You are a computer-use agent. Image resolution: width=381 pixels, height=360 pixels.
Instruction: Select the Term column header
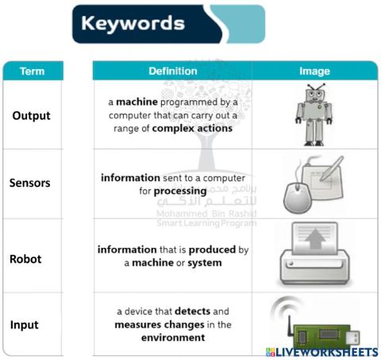click(32, 72)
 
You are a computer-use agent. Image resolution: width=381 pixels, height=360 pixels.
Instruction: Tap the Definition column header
click(172, 72)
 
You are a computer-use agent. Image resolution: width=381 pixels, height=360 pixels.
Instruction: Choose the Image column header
click(314, 72)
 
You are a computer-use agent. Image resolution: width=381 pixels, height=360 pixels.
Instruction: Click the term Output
click(31, 115)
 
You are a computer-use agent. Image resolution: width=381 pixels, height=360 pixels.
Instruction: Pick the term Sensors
click(29, 183)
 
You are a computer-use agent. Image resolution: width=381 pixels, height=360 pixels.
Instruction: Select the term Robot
click(25, 259)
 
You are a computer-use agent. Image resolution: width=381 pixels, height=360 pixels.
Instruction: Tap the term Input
click(24, 325)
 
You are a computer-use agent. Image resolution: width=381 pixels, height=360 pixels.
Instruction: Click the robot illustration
click(315, 114)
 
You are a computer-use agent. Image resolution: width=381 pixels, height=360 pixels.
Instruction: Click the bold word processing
click(180, 191)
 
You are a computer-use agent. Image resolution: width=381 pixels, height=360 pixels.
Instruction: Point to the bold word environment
click(173, 338)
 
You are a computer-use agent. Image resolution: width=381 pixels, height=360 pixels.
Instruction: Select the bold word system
click(205, 262)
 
